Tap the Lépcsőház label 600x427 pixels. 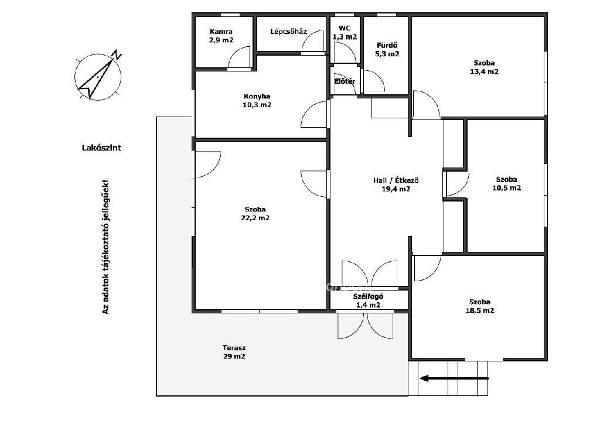[288, 32]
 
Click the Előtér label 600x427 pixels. [345, 81]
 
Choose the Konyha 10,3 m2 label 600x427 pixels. [257, 101]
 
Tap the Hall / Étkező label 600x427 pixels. [396, 180]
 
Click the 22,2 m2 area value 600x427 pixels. [255, 218]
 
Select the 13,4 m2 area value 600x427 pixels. [484, 71]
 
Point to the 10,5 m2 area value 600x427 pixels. [506, 188]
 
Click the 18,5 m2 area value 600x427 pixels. [480, 310]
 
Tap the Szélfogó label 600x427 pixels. [368, 296]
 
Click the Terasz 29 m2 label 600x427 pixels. [234, 353]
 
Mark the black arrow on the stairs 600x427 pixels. [454, 378]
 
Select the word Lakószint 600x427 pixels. [101, 148]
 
